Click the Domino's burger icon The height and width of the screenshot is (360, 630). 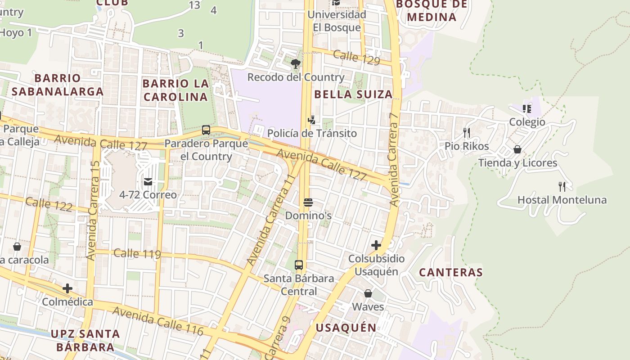pyautogui.click(x=308, y=202)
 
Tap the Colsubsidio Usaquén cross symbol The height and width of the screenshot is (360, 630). pyautogui.click(x=376, y=245)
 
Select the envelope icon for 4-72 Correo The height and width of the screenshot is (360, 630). pyautogui.click(x=148, y=182)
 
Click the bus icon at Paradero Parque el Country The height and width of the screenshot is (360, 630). pyautogui.click(x=206, y=130)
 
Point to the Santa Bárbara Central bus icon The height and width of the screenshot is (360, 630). pyautogui.click(x=299, y=265)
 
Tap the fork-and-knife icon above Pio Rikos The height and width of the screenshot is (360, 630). pyautogui.click(x=467, y=132)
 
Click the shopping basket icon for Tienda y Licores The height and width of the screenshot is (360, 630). pyautogui.click(x=517, y=149)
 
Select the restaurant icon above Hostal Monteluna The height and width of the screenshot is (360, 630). pyautogui.click(x=562, y=186)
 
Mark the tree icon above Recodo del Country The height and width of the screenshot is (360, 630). pyautogui.click(x=296, y=63)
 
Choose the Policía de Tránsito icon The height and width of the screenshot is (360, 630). pyautogui.click(x=311, y=120)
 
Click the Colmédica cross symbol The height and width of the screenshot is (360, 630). pyautogui.click(x=67, y=288)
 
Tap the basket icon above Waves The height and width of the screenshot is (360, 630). pyautogui.click(x=368, y=293)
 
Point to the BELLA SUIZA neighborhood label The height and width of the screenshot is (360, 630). pyautogui.click(x=353, y=94)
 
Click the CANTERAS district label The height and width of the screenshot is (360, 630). pyautogui.click(x=451, y=272)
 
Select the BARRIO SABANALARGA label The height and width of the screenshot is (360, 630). pyautogui.click(x=58, y=85)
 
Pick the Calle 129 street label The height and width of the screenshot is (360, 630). pyautogui.click(x=357, y=58)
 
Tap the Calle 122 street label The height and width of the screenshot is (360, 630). pyautogui.click(x=49, y=204)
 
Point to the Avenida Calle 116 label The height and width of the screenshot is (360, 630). pyautogui.click(x=157, y=320)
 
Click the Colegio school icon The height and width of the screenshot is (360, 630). pyautogui.click(x=527, y=108)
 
